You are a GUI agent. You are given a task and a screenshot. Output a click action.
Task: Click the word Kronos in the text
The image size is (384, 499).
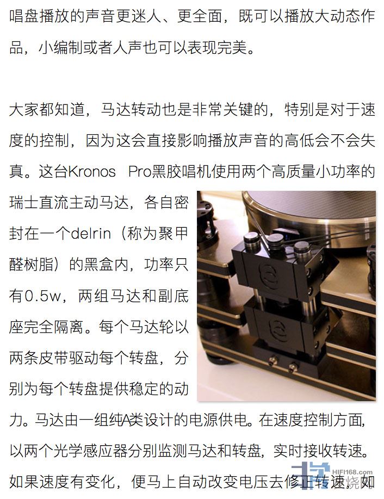coord(92,172)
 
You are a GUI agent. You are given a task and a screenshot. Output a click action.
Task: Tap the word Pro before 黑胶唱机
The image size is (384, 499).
coord(140,172)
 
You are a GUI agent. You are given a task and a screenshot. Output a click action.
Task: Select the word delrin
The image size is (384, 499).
coord(91,234)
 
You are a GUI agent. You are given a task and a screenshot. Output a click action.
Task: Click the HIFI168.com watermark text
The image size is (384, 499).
coord(352,472)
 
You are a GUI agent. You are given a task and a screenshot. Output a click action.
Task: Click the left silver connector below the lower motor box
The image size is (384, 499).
coord(273,360)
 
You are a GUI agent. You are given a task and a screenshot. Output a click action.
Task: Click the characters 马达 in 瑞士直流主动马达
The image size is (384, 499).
coord(114,203)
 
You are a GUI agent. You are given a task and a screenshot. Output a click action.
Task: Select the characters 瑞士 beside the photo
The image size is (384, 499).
coord(24,203)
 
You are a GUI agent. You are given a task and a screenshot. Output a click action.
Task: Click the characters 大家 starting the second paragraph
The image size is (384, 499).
coord(24,110)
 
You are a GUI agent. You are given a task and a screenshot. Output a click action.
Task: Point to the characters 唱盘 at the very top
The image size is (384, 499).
coord(24,16)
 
